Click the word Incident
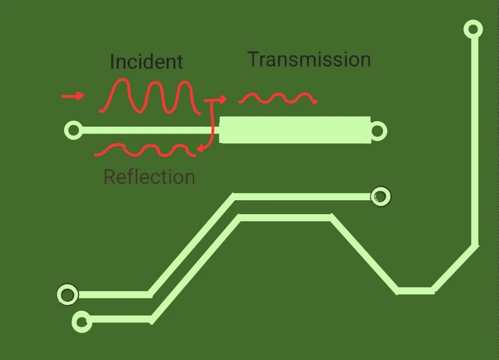146,62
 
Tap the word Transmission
309,59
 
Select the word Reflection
149,177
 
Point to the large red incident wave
148,96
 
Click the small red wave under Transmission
278,98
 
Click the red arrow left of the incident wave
73,96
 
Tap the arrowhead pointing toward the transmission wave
222,100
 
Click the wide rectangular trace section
294,130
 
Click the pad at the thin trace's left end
74,131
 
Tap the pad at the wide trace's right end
378,131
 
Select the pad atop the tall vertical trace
473,29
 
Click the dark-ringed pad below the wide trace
380,197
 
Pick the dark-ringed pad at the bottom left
67,295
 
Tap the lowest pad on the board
82,322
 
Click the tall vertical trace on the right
475,138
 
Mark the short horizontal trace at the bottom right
416,291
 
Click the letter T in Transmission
253,59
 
